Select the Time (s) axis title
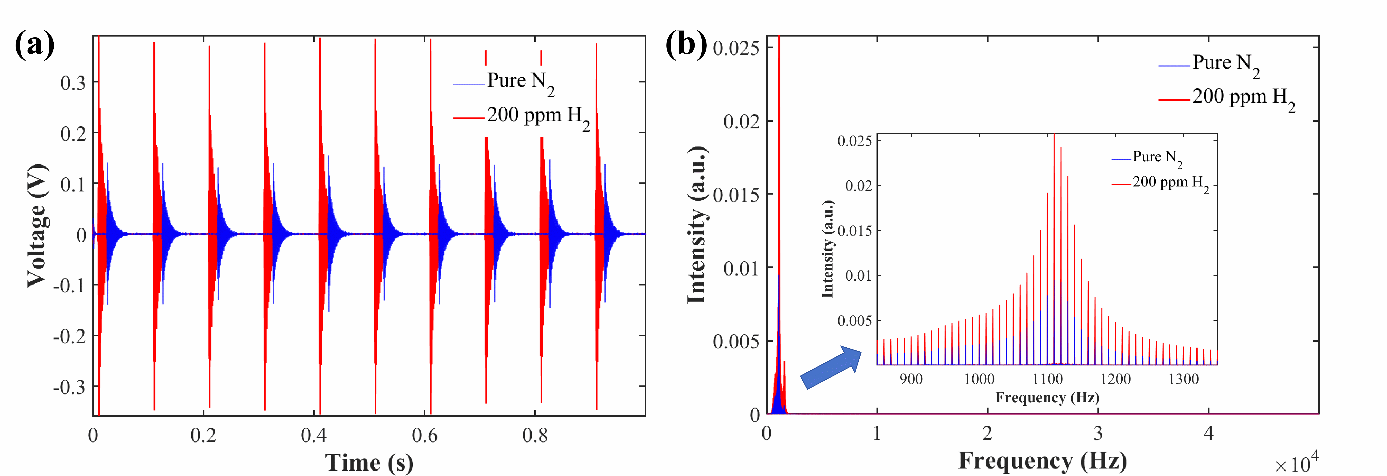pyautogui.click(x=369, y=462)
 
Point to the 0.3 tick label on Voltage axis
pyautogui.click(x=73, y=83)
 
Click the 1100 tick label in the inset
pyautogui.click(x=1047, y=379)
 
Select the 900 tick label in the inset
pyautogui.click(x=911, y=379)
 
